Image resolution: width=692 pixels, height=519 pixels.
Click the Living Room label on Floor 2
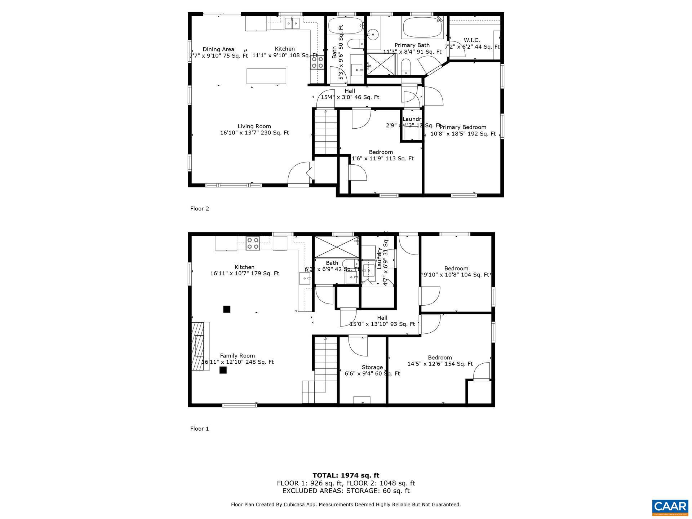254,129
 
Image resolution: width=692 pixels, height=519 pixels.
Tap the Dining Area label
218,52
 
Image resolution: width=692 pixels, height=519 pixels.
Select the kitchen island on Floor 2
266,76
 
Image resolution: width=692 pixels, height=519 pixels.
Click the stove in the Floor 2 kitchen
318,62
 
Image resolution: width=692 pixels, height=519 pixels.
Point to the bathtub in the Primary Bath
422,28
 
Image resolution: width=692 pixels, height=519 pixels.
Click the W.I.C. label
472,43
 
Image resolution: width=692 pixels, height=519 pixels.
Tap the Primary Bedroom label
463,130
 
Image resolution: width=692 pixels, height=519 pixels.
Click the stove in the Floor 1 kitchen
253,243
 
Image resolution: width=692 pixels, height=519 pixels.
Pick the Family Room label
237,359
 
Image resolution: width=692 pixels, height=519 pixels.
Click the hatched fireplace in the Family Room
198,345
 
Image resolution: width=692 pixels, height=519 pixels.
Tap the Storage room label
372,370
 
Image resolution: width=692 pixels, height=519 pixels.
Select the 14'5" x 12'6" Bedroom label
440,361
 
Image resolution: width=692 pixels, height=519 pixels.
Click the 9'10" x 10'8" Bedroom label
456,271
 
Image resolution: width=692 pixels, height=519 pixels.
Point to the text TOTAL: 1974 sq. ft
346,475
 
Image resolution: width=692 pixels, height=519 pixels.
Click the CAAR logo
670,507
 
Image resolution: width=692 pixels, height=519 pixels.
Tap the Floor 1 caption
200,429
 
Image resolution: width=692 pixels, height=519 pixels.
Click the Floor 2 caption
200,208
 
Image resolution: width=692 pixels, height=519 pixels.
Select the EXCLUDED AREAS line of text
346,491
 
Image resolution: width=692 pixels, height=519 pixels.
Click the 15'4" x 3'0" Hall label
350,94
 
